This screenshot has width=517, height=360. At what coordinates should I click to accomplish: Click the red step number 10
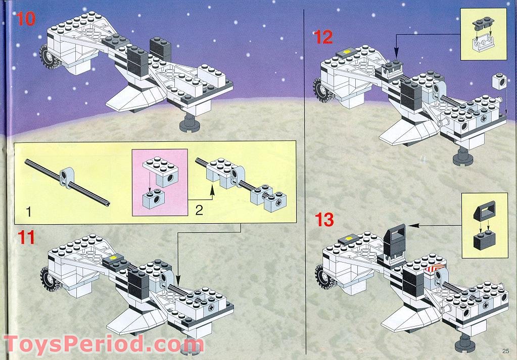click(x=25, y=19)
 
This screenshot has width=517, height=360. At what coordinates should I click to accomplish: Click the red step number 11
click(x=26, y=237)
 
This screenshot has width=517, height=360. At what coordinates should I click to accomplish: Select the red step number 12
click(x=323, y=37)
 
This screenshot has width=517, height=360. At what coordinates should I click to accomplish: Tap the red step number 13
click(x=324, y=220)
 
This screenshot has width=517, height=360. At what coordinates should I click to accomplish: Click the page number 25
click(x=506, y=351)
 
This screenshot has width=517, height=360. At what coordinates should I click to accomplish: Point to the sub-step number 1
click(x=29, y=212)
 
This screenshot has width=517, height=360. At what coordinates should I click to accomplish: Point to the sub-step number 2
click(x=199, y=210)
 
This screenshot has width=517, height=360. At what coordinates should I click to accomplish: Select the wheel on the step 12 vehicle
click(x=322, y=89)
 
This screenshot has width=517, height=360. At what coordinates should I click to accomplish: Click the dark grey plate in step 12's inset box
click(x=483, y=23)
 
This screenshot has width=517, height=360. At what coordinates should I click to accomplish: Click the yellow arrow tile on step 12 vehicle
click(x=347, y=52)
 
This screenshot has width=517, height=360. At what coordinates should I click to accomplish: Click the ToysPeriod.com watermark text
click(x=103, y=344)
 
